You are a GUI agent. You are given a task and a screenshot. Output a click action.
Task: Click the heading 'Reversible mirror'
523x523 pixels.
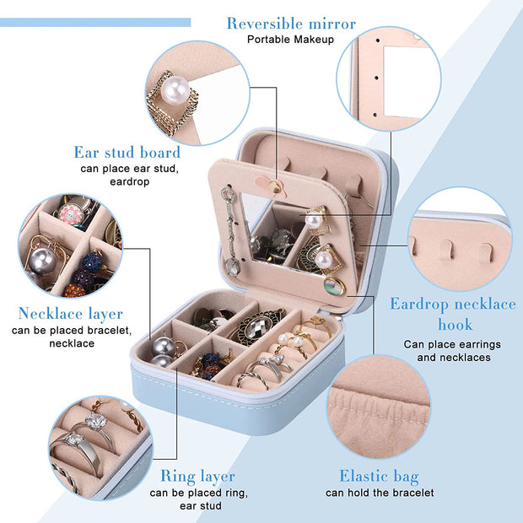(291, 24)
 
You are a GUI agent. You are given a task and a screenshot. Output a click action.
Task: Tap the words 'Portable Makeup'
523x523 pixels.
(290, 40)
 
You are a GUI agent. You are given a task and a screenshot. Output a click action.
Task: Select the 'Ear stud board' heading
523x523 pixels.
(127, 152)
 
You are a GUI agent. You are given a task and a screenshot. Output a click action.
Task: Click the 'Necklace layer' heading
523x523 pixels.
(70, 314)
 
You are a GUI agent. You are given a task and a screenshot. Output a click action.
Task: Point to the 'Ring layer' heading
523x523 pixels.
(197, 477)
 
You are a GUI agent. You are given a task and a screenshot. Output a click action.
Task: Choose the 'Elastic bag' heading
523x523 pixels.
(379, 477)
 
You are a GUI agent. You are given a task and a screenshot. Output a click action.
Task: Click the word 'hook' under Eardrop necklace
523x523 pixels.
(455, 324)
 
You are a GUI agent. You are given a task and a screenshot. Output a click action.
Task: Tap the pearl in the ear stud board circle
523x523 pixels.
(175, 90)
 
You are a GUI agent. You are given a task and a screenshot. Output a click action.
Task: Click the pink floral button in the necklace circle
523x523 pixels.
(71, 213)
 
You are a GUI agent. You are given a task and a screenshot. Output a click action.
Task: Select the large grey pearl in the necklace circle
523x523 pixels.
(41, 261)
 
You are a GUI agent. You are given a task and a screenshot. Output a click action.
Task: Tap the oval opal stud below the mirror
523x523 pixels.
(335, 286)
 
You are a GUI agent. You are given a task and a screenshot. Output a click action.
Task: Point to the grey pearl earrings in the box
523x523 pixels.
(163, 353)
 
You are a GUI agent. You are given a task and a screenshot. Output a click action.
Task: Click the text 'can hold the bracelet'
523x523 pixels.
(380, 493)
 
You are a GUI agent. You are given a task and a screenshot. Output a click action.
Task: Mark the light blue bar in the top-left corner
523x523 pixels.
(95, 22)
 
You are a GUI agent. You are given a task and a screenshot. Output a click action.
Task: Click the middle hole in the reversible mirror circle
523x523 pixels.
(376, 78)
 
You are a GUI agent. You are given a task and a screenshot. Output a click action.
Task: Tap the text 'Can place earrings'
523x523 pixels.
(452, 344)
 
